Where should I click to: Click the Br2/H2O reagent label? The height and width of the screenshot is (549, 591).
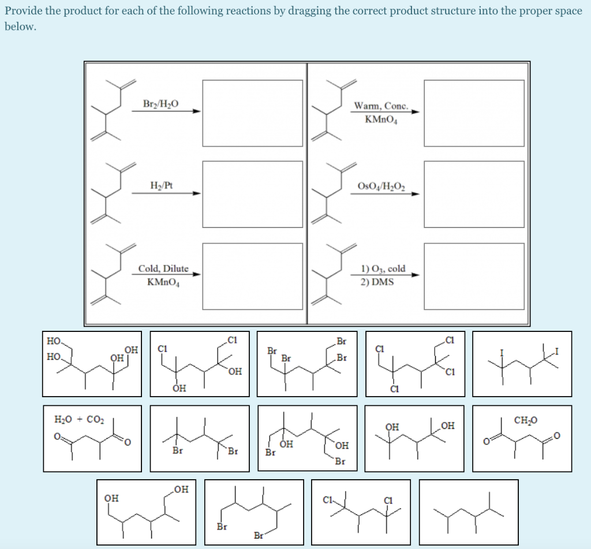coord(160,104)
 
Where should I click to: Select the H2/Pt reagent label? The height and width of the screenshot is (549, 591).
coord(161,186)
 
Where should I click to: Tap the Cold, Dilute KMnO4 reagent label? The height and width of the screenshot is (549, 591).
coord(163,275)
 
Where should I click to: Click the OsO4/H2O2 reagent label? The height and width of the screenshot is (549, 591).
coord(381,186)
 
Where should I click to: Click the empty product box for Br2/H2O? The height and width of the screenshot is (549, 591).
coord(252,113)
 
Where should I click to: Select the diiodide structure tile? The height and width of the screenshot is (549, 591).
coord(522,364)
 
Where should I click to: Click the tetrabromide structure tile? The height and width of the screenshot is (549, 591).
coord(307,364)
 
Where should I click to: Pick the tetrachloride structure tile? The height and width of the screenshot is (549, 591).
coord(414,364)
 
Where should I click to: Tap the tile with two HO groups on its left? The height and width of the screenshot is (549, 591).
coord(92,364)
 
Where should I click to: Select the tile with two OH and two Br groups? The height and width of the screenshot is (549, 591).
coord(307,438)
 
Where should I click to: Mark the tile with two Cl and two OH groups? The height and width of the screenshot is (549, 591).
coord(199,364)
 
